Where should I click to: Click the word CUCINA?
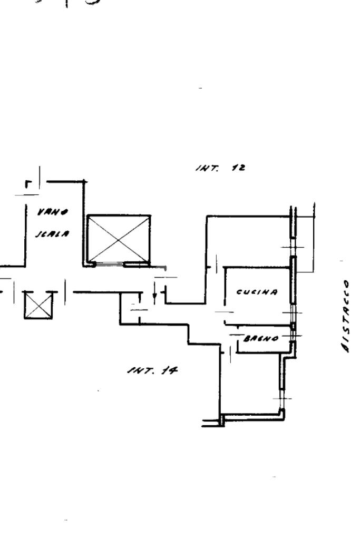[x=257, y=292]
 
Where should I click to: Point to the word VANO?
[x=46, y=213]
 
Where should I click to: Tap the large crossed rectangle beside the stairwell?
[x=119, y=238]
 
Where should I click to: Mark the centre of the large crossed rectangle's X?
[x=119, y=238]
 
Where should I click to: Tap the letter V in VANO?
[x=40, y=213]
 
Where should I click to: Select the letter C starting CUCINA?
[x=239, y=292]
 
